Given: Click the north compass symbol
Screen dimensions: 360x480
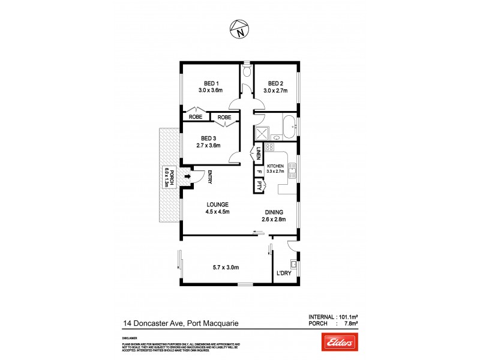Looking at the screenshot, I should tap(239, 28).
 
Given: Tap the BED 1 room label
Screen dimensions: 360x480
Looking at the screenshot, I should tap(211, 83).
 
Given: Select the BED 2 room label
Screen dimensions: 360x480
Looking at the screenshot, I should tap(275, 83).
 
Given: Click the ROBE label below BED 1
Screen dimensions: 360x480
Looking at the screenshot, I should tap(196, 117).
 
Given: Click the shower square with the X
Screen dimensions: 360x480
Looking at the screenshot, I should tap(262, 133).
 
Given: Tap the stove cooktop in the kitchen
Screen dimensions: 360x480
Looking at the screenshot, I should tap(269, 147).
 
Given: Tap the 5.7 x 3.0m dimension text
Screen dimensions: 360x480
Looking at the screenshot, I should tap(224, 268).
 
